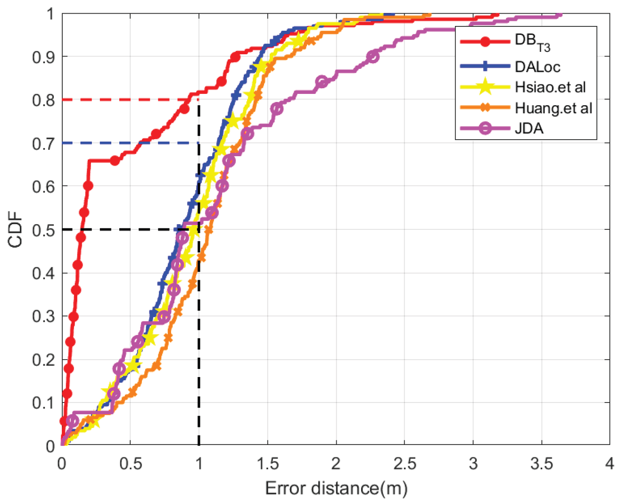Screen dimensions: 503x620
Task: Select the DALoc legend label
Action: (x=537, y=67)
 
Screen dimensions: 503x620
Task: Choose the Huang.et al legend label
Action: (x=553, y=108)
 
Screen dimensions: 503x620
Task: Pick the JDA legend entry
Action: (x=529, y=128)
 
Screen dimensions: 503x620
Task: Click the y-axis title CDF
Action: (x=15, y=229)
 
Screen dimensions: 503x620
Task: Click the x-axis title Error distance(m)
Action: (x=336, y=488)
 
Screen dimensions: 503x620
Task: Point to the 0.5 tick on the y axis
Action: (x=43, y=230)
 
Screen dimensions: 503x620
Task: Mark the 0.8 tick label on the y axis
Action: (x=43, y=100)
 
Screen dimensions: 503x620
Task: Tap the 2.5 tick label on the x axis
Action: (x=404, y=464)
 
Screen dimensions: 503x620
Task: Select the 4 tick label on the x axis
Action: (x=609, y=464)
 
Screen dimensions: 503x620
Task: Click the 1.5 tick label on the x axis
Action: (x=267, y=464)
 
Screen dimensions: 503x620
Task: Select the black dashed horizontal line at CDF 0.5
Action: (x=118, y=229)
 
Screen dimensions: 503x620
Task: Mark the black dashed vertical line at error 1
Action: (x=198, y=330)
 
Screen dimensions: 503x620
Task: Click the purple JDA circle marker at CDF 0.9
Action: (x=372, y=56)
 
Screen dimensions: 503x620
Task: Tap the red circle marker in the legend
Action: (x=485, y=42)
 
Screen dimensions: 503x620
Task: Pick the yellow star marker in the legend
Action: (x=485, y=87)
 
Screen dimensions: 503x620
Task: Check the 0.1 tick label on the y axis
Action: (x=43, y=403)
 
